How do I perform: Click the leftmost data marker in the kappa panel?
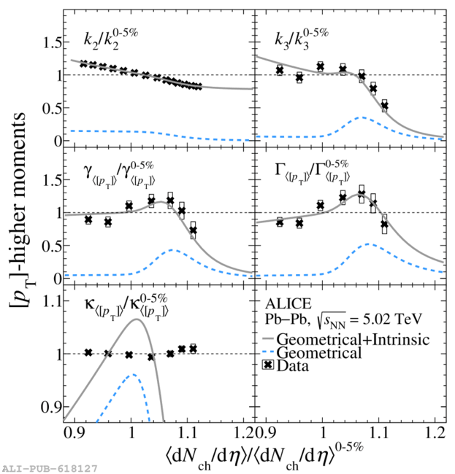pyautogui.click(x=88, y=352)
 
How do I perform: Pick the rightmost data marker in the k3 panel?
pyautogui.click(x=384, y=106)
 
